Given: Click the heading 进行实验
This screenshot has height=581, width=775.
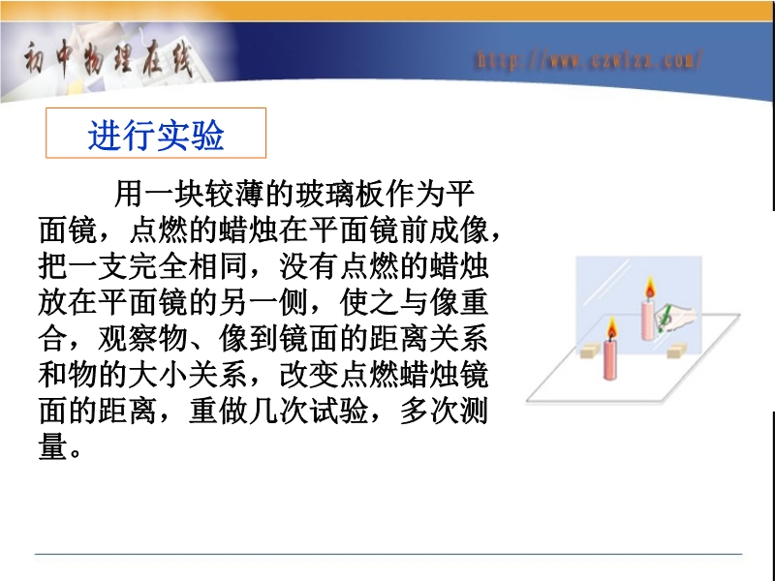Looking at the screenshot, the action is pos(156,135).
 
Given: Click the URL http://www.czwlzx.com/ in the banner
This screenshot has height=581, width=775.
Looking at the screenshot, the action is pos(589,60).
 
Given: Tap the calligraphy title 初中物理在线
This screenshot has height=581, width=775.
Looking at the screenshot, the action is pos(108,59).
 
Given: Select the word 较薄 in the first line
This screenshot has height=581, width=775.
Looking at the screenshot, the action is pos(234,193).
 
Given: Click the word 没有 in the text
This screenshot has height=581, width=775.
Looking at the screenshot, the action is pos(309,265).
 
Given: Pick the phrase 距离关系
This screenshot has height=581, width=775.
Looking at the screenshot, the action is pos(429,338).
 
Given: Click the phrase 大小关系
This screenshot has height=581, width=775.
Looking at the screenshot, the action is pos(188,374).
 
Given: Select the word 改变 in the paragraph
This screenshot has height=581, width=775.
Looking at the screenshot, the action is pos(309,374).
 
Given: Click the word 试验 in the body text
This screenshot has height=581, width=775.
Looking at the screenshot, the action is pos(339,411).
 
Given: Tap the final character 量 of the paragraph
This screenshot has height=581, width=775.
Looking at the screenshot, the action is pos(53,446).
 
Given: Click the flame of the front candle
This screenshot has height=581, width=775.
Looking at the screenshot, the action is pos(612,327).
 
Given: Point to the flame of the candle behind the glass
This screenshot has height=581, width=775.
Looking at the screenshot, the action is pos(649,288).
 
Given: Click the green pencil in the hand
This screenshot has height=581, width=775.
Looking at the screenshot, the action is pos(664,320).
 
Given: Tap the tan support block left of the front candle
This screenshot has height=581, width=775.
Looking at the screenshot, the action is pos(590,352).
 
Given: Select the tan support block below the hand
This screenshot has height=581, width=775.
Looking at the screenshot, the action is pos(675,352).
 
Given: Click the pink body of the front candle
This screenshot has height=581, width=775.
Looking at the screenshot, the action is pos(610,359).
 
